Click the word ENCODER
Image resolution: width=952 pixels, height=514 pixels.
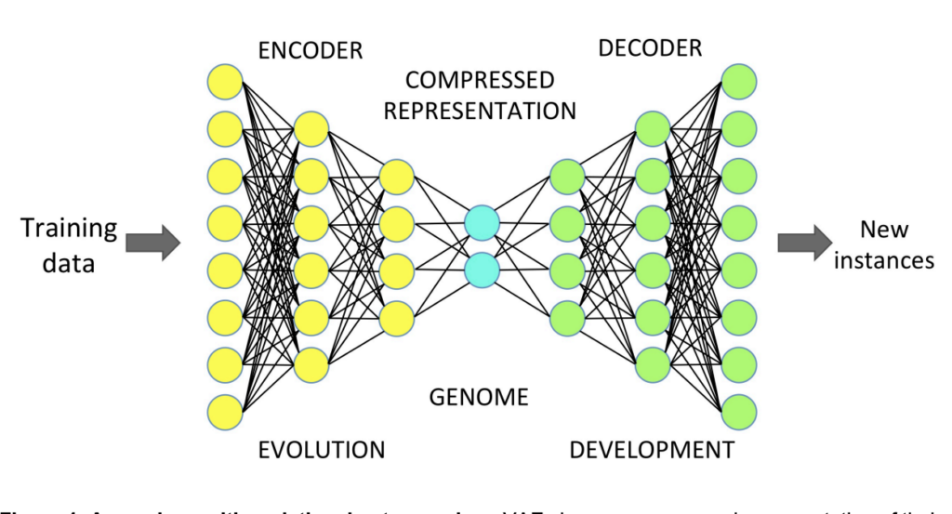click(311, 50)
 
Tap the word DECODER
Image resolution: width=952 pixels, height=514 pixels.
click(650, 47)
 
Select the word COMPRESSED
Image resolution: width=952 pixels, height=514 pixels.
click(480, 80)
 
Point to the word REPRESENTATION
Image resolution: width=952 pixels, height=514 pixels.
click(480, 111)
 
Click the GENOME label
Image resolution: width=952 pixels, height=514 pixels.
click(479, 398)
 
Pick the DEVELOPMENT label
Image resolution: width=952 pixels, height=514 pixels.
click(652, 451)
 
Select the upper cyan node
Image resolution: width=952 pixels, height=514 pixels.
click(482, 223)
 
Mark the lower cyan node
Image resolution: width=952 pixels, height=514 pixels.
click(482, 270)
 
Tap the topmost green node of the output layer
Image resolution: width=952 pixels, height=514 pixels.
click(739, 79)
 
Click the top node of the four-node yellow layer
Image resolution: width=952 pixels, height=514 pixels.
click(397, 176)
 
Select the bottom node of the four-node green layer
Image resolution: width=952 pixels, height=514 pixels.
click(567, 317)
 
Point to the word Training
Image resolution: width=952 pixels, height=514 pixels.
click(71, 229)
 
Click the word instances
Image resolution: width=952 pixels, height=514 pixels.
click(883, 260)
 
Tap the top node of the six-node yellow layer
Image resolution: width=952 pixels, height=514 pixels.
click(311, 128)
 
